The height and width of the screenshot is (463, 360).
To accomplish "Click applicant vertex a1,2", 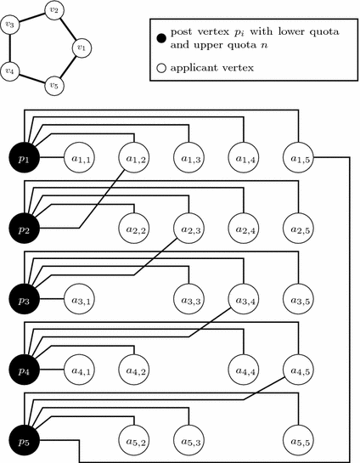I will pyautogui.click(x=135, y=157).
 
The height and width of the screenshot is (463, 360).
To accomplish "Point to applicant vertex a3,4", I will pyautogui.click(x=244, y=300).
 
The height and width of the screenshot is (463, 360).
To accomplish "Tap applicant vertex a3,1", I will pyautogui.click(x=81, y=300).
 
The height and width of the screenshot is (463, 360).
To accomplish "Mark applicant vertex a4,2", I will pyautogui.click(x=135, y=370).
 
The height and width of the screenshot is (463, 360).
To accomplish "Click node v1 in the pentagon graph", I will pyautogui.click(x=81, y=48).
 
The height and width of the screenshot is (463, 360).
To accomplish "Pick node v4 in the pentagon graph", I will pyautogui.click(x=10, y=71).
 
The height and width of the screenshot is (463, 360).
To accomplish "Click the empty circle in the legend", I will pyautogui.click(x=160, y=65).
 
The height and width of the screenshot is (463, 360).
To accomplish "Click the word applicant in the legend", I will pyautogui.click(x=196, y=65).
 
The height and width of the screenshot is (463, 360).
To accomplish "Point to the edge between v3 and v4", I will pyautogui.click(x=10, y=48).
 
